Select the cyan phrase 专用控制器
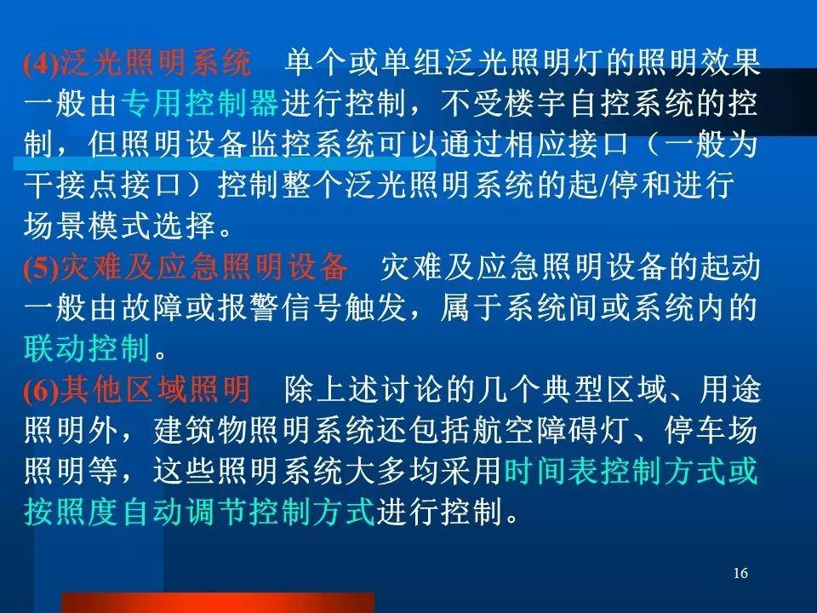pos(201,103)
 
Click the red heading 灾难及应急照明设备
pos(204,266)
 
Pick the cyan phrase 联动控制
pos(88,348)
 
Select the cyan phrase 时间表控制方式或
pos(631,471)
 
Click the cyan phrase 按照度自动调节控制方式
pos(199,512)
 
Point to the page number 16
pos(740,573)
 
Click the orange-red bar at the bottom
pos(218,603)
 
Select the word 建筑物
pos(199,431)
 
